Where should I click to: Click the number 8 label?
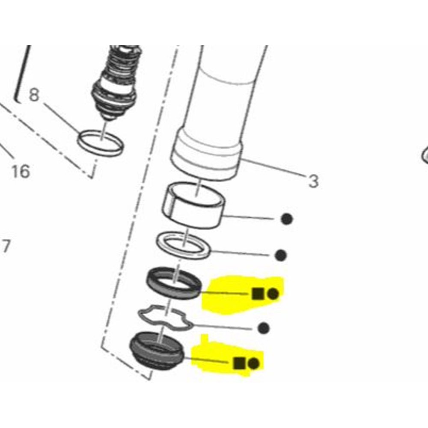point(34,95)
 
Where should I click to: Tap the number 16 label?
point(20,172)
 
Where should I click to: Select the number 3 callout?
point(314,181)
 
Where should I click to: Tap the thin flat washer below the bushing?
point(184,245)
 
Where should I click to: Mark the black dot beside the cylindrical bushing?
point(287,219)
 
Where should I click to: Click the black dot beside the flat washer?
point(280,256)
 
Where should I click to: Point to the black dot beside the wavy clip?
point(264,328)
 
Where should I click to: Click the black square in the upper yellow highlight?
point(257,294)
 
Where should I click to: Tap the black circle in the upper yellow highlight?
point(273,294)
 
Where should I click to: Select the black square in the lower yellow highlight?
point(239,363)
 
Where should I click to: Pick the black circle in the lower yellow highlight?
point(253,363)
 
